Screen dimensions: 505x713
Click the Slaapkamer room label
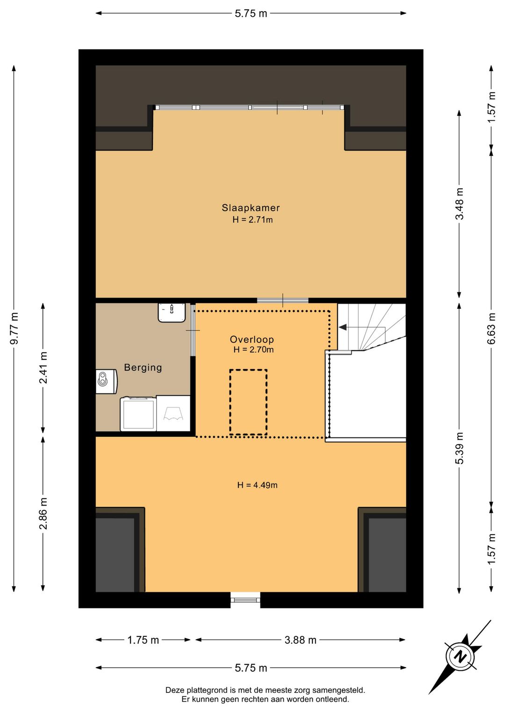[251, 208]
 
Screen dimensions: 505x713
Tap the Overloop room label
[252, 339]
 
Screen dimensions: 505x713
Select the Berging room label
[143, 368]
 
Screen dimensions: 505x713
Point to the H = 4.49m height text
[257, 485]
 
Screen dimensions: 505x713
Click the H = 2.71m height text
[252, 220]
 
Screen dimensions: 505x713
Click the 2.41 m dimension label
[43, 367]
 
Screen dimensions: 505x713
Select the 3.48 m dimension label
[460, 204]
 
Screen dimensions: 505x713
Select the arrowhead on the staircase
[342, 327]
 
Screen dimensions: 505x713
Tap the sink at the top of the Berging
[172, 313]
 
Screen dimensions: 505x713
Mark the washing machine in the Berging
[138, 414]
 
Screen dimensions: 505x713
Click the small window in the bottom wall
[245, 600]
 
